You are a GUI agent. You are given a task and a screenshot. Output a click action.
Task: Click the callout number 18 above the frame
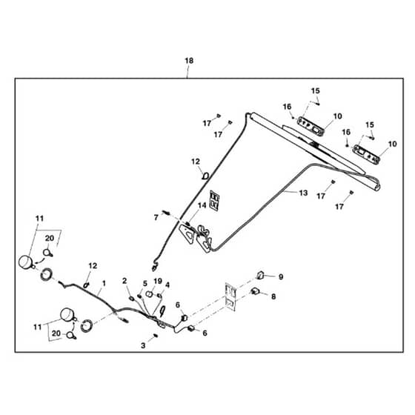pyautogui.click(x=189, y=61)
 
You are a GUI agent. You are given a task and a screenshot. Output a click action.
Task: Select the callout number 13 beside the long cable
pyautogui.click(x=303, y=193)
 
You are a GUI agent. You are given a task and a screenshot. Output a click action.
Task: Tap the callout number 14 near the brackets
pyautogui.click(x=202, y=205)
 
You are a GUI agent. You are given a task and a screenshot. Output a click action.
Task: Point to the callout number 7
pyautogui.click(x=156, y=218)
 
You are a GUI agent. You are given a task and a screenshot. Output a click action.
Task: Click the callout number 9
pyautogui.click(x=281, y=277)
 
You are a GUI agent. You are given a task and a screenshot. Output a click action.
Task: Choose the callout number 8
pyautogui.click(x=273, y=296)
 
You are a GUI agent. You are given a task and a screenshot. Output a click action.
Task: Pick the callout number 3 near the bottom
pyautogui.click(x=143, y=345)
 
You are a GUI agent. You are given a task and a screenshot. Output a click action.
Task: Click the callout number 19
pyautogui.click(x=158, y=281)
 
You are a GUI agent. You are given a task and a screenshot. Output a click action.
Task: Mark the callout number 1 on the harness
pyautogui.click(x=104, y=283)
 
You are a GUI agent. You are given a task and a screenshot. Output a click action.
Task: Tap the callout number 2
pyautogui.click(x=124, y=281)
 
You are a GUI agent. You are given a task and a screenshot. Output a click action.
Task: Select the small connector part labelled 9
pyautogui.click(x=260, y=275)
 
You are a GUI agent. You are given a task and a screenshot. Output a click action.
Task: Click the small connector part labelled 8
pyautogui.click(x=255, y=291)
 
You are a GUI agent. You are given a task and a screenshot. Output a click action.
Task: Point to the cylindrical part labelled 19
pyautogui.click(x=149, y=293)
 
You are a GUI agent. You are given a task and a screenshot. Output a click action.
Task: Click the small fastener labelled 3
pyautogui.click(x=156, y=336)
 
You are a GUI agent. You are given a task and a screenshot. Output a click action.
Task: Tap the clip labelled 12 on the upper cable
pyautogui.click(x=206, y=176)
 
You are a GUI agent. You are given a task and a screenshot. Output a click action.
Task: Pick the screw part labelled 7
pyautogui.click(x=167, y=212)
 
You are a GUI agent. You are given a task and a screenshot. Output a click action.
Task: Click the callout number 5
pyautogui.click(x=145, y=283)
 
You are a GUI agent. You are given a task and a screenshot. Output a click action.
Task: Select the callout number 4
pyautogui.click(x=167, y=285)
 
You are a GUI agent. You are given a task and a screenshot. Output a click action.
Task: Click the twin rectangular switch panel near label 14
pyautogui.click(x=215, y=201)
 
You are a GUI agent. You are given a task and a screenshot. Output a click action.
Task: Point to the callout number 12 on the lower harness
pyautogui.click(x=93, y=266)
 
